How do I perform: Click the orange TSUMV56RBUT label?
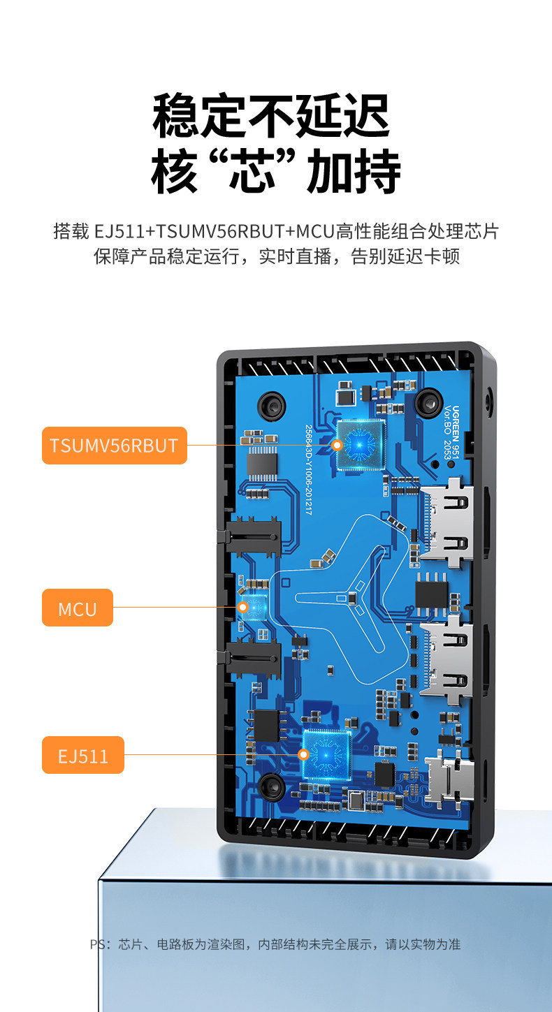click(114, 446)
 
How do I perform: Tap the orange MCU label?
click(77, 608)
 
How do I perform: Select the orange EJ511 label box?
click(82, 755)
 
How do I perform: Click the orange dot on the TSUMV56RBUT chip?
click(337, 445)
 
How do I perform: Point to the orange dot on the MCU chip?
click(242, 607)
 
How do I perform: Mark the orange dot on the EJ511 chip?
click(303, 754)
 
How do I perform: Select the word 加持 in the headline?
click(355, 172)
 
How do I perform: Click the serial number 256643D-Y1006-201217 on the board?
click(308, 469)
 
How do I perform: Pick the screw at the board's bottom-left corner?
click(272, 786)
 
